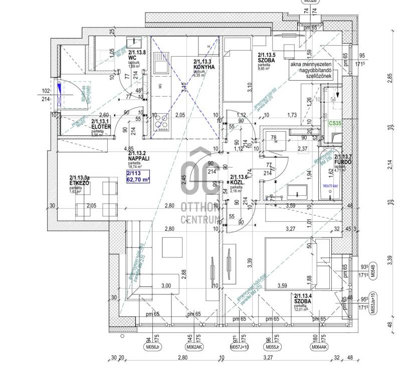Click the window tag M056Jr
click(152, 346)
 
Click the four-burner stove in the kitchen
click(161, 121)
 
